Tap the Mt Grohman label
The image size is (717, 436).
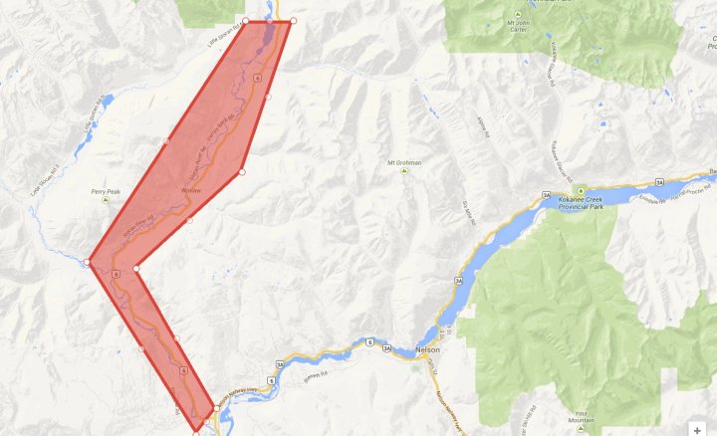404,161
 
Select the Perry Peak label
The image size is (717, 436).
106,190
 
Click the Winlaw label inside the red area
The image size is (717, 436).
191,189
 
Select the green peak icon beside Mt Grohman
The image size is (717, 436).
404,171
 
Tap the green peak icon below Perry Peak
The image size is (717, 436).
105,200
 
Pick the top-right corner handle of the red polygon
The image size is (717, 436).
293,21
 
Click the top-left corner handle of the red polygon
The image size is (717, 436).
246,21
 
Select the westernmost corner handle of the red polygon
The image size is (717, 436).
89,263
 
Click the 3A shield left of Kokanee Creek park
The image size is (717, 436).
546,194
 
